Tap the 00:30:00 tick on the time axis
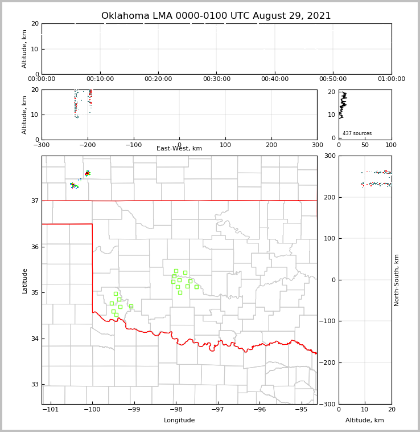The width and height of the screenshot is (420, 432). pos(217,79)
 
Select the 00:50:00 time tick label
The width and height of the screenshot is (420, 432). pos(333,79)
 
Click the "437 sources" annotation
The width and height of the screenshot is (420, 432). pos(357,133)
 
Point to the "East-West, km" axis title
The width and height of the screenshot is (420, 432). pos(179,149)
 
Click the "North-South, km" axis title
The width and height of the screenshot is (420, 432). pos(397,280)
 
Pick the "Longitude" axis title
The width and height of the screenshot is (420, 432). pos(179,421)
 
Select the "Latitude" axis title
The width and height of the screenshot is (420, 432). pos(24,280)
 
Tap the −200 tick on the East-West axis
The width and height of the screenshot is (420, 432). pos(88,145)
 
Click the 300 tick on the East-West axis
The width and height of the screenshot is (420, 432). pos(317,145)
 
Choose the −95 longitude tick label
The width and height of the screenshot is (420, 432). pos(301,409)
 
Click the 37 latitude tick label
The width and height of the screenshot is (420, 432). pos(34,201)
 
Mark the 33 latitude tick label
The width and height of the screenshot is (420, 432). pos(34,385)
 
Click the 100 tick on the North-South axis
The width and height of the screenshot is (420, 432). pos(330,238)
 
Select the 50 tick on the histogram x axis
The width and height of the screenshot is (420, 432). pos(365,145)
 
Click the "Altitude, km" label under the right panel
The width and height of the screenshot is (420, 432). pos(365,421)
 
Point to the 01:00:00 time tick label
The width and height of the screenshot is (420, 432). pos(391,79)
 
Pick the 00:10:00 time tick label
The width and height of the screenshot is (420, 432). pos(100,79)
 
